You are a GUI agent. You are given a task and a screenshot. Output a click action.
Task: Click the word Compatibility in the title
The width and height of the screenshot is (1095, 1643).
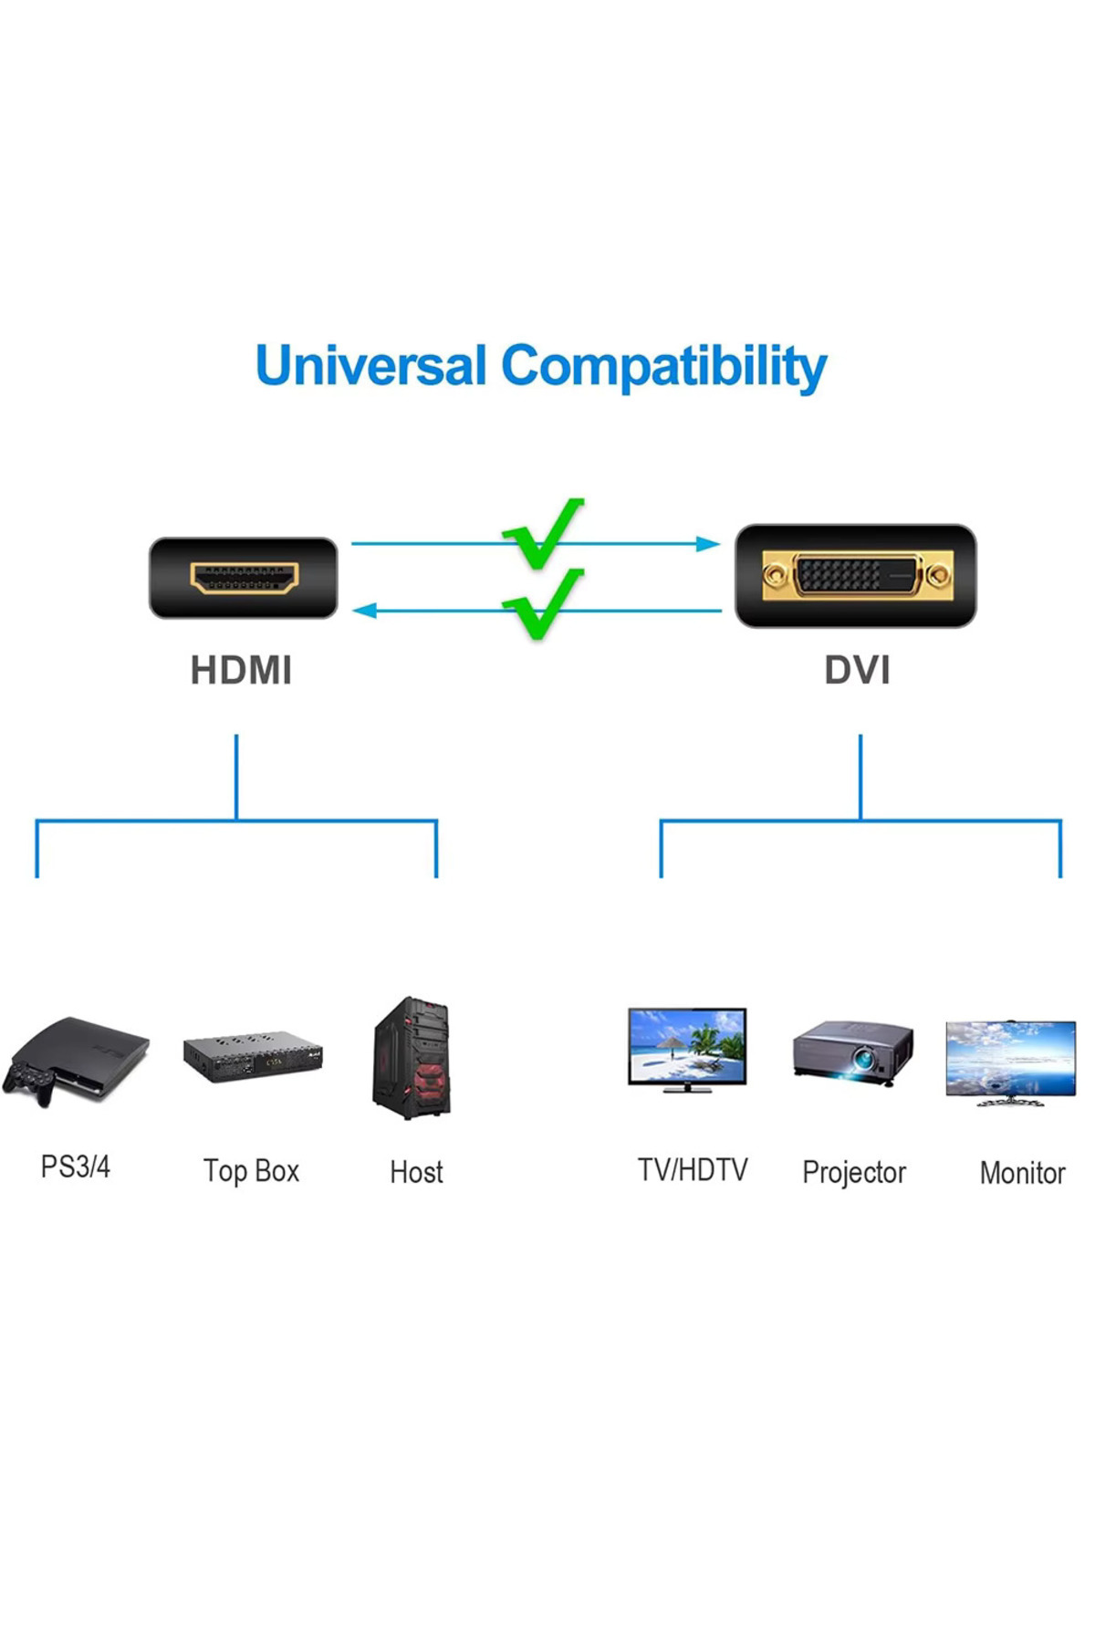663,368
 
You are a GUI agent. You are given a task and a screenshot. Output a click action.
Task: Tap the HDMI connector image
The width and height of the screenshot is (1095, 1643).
244,578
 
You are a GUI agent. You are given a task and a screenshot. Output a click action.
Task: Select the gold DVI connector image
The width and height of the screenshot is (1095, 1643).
856,576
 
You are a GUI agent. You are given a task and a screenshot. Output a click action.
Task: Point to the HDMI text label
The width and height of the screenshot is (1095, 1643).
241,670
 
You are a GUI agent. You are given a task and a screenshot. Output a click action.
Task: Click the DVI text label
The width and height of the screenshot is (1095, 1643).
857,670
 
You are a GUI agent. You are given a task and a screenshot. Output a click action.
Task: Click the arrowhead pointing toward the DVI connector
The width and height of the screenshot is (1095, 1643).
707,544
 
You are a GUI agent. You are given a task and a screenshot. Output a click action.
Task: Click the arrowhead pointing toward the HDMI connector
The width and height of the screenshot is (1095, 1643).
365,611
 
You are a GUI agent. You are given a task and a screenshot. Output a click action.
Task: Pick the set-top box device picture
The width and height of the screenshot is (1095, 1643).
253,1057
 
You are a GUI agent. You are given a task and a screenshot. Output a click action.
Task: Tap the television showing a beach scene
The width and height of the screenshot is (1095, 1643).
687,1049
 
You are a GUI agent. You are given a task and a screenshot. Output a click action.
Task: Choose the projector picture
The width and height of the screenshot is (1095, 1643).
853,1052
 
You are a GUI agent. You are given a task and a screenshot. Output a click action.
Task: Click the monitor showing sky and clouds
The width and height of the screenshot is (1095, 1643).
1011,1062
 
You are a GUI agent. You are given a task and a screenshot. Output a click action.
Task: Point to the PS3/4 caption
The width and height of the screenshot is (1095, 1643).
76,1167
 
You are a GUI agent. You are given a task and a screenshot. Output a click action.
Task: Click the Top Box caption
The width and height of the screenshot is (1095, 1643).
251,1171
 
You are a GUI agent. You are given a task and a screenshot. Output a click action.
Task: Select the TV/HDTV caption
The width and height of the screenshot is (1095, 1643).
693,1170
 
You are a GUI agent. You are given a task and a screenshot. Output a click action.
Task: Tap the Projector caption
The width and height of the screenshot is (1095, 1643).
854,1173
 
